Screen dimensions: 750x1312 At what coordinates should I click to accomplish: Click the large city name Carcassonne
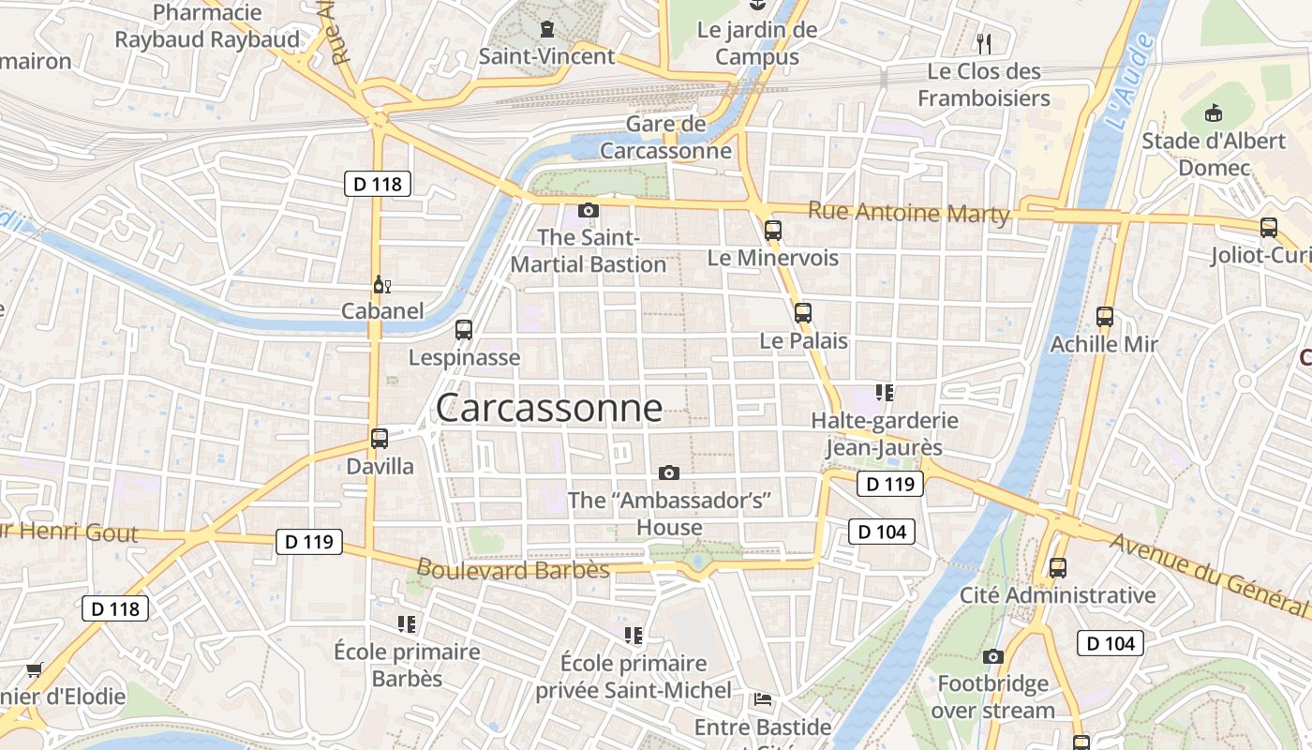[x=549, y=408]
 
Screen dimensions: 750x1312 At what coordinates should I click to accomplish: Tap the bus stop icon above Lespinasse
[x=464, y=330]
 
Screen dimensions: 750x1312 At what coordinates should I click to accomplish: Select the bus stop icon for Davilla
[x=380, y=438]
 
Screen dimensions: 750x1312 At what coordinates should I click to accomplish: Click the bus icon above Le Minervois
[x=773, y=230]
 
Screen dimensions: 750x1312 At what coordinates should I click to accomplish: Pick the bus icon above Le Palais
[x=803, y=313]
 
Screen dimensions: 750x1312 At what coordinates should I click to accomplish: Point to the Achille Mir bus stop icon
[x=1105, y=317]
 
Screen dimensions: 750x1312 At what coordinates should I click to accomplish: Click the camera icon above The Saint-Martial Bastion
[x=589, y=210]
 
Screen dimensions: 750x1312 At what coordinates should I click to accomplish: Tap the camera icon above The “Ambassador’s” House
[x=669, y=472]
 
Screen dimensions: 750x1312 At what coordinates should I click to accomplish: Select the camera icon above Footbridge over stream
[x=993, y=656]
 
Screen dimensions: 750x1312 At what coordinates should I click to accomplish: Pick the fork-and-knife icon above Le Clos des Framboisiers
[x=984, y=43]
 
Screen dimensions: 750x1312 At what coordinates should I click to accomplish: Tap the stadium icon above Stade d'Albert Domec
[x=1215, y=113]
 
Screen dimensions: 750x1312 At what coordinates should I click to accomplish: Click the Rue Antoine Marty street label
[x=908, y=213]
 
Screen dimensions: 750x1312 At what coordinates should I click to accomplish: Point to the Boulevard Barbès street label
[x=513, y=569]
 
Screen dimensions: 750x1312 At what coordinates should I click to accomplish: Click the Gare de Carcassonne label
[x=665, y=137]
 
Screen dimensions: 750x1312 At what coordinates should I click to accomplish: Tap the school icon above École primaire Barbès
[x=407, y=624]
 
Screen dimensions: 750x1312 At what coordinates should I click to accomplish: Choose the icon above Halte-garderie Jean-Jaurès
[x=885, y=392]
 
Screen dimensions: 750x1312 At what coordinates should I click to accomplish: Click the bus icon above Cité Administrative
[x=1058, y=567]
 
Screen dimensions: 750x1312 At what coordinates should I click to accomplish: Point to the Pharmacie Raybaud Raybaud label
[x=207, y=26]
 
